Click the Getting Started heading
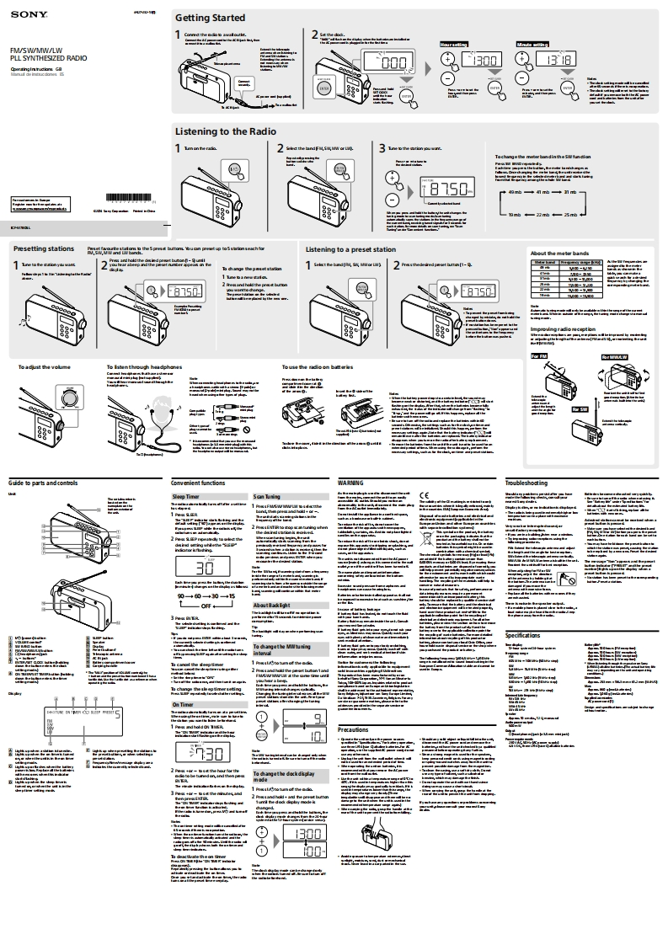click(x=210, y=18)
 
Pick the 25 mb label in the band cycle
click(x=571, y=215)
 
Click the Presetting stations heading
click(x=43, y=249)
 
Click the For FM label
click(x=539, y=356)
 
